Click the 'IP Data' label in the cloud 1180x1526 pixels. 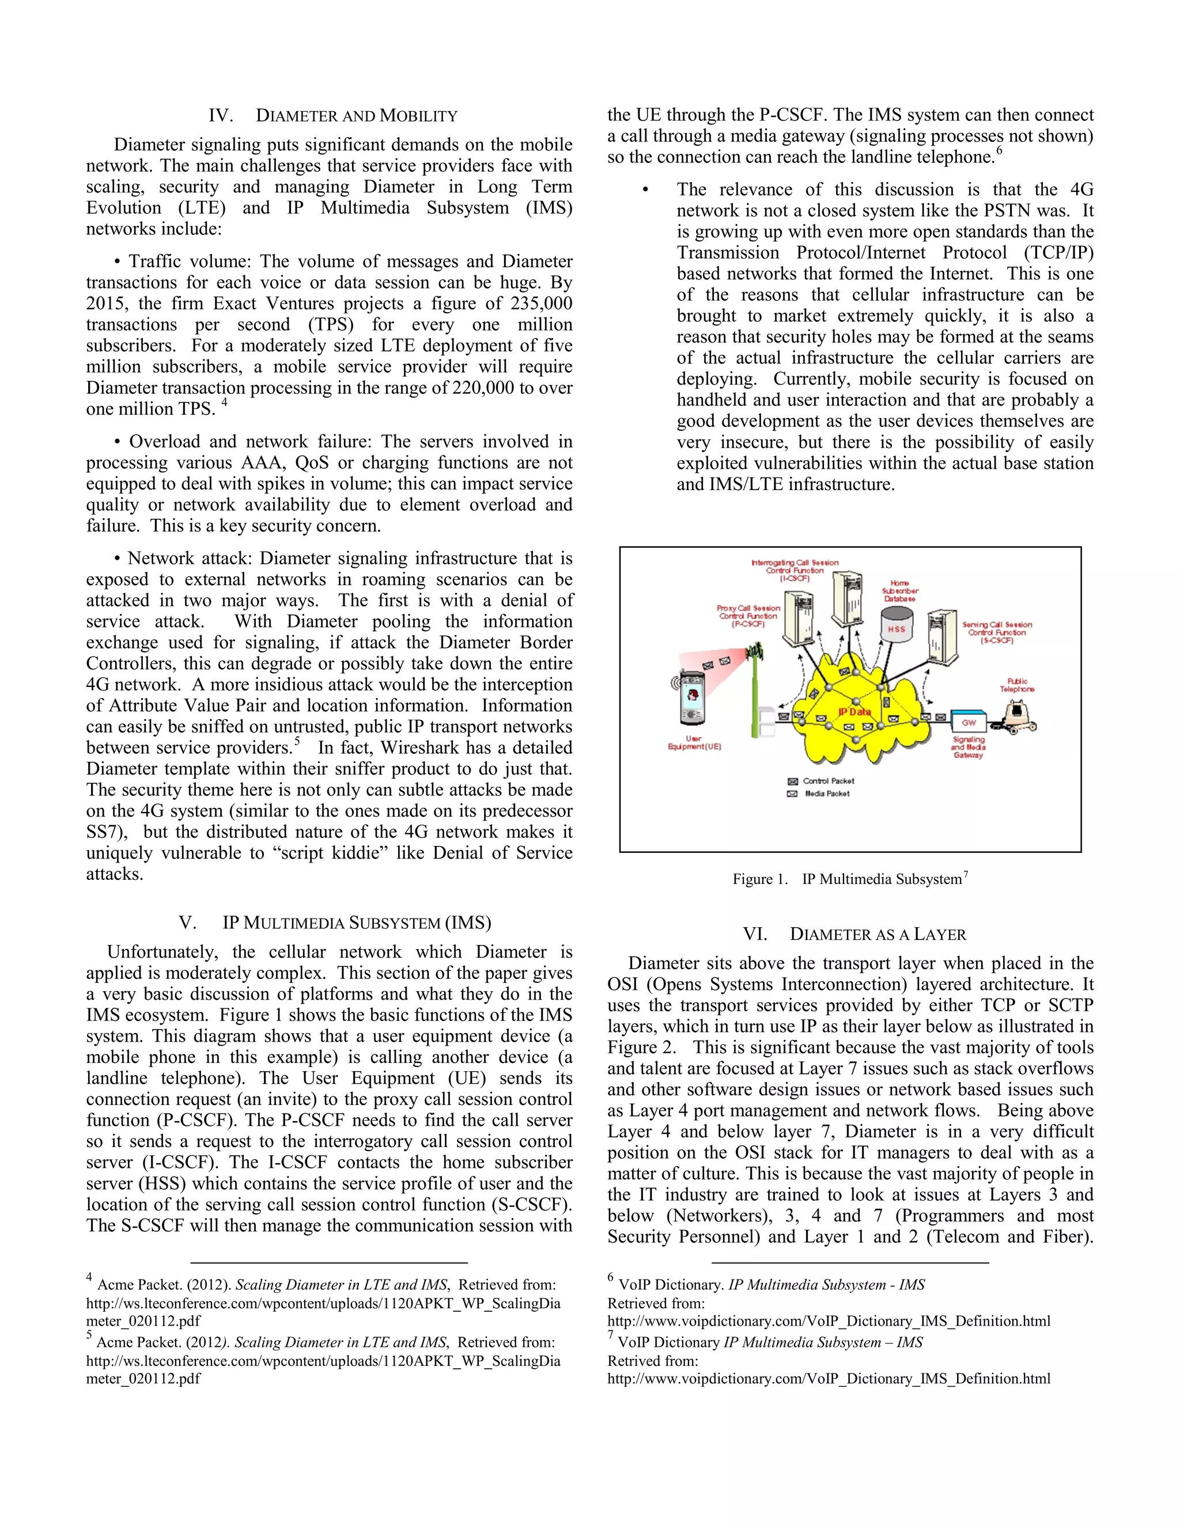click(854, 712)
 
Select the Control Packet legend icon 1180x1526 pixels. click(793, 781)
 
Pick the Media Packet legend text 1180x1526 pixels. click(827, 794)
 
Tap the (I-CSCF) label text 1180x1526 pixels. click(795, 579)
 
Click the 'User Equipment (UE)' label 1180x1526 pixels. click(694, 743)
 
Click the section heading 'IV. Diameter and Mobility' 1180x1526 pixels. click(333, 116)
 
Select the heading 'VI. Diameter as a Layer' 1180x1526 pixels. click(854, 934)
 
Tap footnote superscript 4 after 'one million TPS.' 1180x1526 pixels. click(224, 403)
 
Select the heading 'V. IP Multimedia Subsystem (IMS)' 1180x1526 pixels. click(335, 923)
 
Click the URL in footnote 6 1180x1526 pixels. click(829, 1321)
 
